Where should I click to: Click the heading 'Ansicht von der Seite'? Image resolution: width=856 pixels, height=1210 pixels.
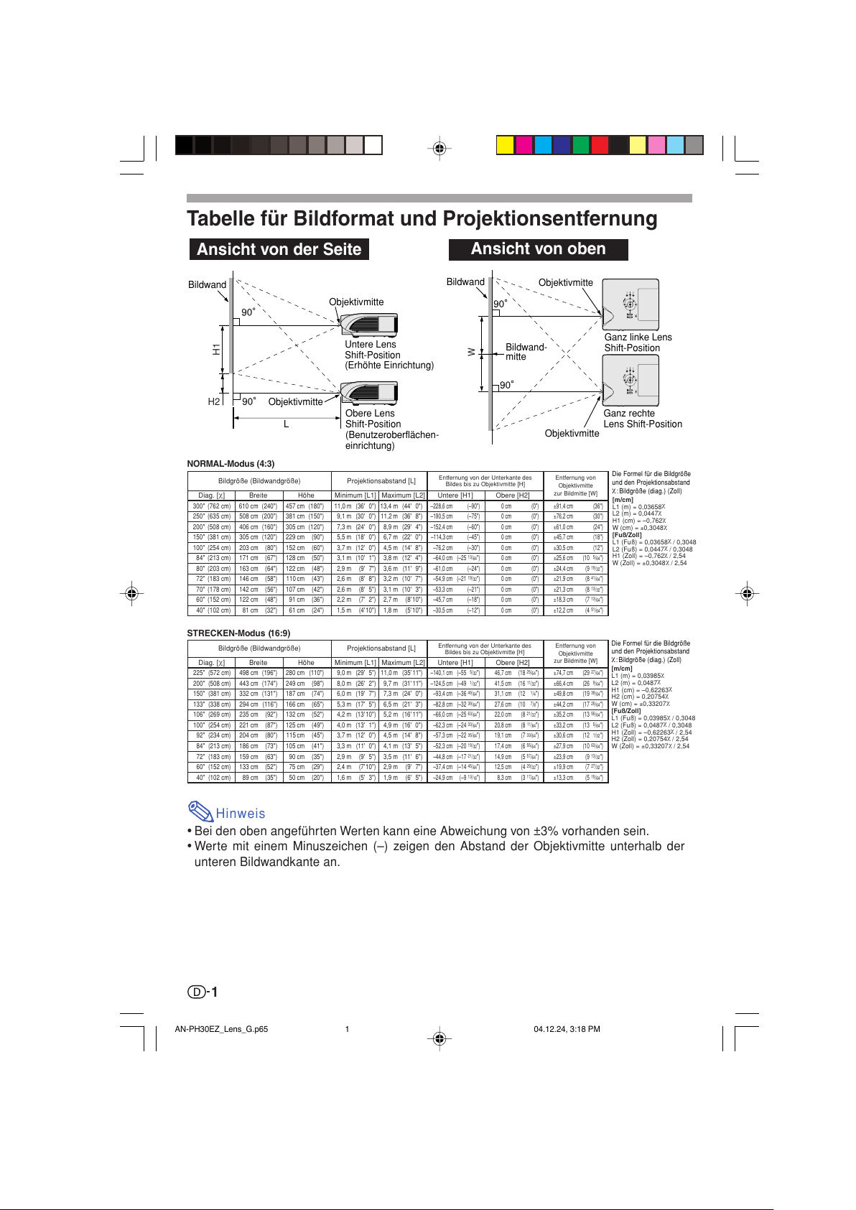[x=279, y=249]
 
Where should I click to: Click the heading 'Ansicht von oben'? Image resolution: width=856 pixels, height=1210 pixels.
[x=538, y=249]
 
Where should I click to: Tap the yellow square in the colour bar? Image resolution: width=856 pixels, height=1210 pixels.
[x=505, y=145]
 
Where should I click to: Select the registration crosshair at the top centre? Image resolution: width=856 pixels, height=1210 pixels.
[x=439, y=149]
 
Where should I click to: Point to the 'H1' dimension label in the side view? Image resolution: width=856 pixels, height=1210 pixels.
[x=216, y=350]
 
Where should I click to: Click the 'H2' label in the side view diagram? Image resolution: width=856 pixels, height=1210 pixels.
[x=214, y=401]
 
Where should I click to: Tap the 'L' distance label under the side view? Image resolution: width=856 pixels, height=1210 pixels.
[x=286, y=424]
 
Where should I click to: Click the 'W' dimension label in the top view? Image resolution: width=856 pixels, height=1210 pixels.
[x=472, y=352]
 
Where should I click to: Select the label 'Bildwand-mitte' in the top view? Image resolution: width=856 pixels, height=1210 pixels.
[x=526, y=352]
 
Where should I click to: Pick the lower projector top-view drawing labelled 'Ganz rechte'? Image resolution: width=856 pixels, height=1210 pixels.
[x=630, y=381]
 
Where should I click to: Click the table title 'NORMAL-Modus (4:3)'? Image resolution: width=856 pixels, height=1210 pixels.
[x=231, y=464]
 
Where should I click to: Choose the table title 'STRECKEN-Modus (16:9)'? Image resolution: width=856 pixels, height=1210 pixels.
[x=238, y=633]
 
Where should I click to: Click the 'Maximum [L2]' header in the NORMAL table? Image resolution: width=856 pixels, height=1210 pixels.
[x=403, y=495]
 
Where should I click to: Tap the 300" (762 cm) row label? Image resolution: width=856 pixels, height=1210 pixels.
[x=211, y=506]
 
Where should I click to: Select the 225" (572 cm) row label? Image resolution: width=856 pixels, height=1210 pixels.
[x=211, y=673]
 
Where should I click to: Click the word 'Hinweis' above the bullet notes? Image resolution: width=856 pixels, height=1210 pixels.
[x=241, y=814]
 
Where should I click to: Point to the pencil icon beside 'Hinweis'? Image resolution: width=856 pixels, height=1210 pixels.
[x=200, y=811]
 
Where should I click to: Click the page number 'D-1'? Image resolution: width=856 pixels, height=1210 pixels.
[x=203, y=992]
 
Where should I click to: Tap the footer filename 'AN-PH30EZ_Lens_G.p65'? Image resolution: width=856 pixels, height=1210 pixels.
[x=221, y=1029]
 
